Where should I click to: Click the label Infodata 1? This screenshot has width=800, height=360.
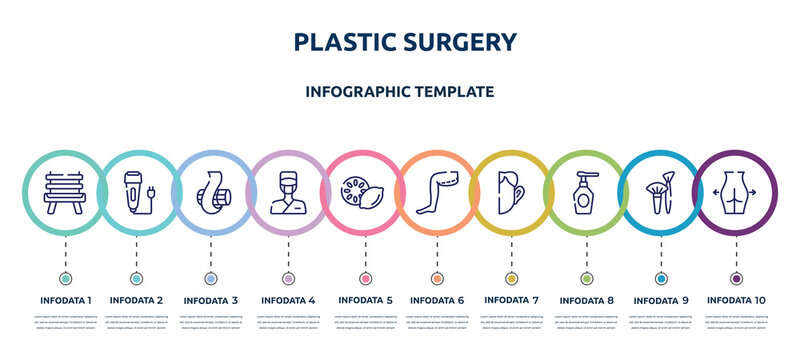click(x=66, y=299)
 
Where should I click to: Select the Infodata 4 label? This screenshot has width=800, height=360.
click(x=288, y=299)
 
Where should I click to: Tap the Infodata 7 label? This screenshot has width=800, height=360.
click(x=511, y=299)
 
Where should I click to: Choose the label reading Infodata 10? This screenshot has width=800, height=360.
click(x=737, y=299)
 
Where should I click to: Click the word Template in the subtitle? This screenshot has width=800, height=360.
click(x=449, y=90)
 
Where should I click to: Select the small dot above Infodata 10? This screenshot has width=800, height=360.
click(x=737, y=278)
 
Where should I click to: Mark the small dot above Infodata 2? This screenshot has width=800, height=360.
click(x=137, y=278)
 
